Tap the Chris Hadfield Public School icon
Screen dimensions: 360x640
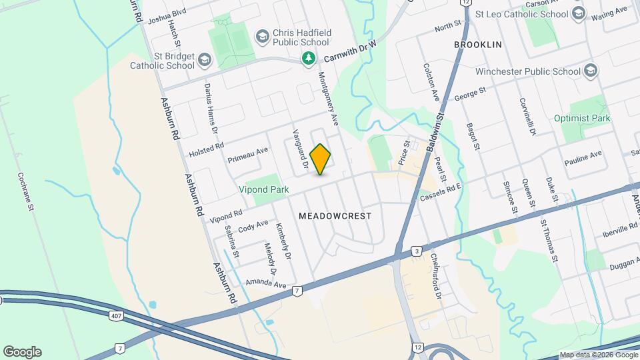point(263,35)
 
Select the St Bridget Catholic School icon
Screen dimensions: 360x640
point(204,61)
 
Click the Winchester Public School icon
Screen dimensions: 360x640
point(590,71)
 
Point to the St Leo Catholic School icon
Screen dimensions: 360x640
point(578,13)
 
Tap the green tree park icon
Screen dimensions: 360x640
point(308,59)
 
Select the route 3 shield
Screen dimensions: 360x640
point(417,251)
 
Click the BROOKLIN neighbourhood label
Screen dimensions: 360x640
point(477,44)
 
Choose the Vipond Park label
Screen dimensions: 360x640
point(264,189)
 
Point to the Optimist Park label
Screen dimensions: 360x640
point(582,118)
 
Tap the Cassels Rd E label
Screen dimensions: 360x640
point(441,193)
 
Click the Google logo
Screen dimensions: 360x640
point(22,351)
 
